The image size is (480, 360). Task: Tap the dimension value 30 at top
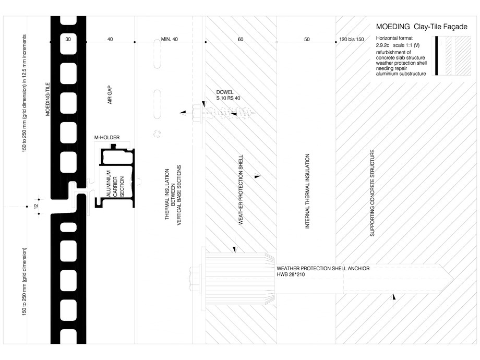click(68, 40)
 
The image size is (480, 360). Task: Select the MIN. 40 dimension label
click(169, 40)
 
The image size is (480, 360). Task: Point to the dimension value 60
click(241, 40)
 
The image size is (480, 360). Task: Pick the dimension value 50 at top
click(307, 40)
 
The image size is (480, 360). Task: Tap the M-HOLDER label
click(107, 137)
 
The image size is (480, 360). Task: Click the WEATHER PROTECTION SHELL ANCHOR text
click(323, 268)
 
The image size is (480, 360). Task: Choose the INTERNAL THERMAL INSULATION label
click(307, 191)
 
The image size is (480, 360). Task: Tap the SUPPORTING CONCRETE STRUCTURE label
click(372, 194)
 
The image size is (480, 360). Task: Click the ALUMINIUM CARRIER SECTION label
click(115, 184)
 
